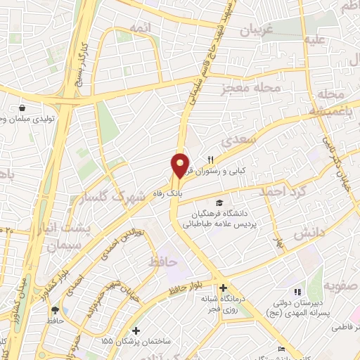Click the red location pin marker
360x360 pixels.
180,165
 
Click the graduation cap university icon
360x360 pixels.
212,202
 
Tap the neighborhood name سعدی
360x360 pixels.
236,141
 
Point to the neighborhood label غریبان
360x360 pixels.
257,30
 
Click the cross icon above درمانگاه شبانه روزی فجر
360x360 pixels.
223,288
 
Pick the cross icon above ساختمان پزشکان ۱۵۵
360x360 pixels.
136,330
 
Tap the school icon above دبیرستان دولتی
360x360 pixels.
297,291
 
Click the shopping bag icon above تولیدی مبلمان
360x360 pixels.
22,108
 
